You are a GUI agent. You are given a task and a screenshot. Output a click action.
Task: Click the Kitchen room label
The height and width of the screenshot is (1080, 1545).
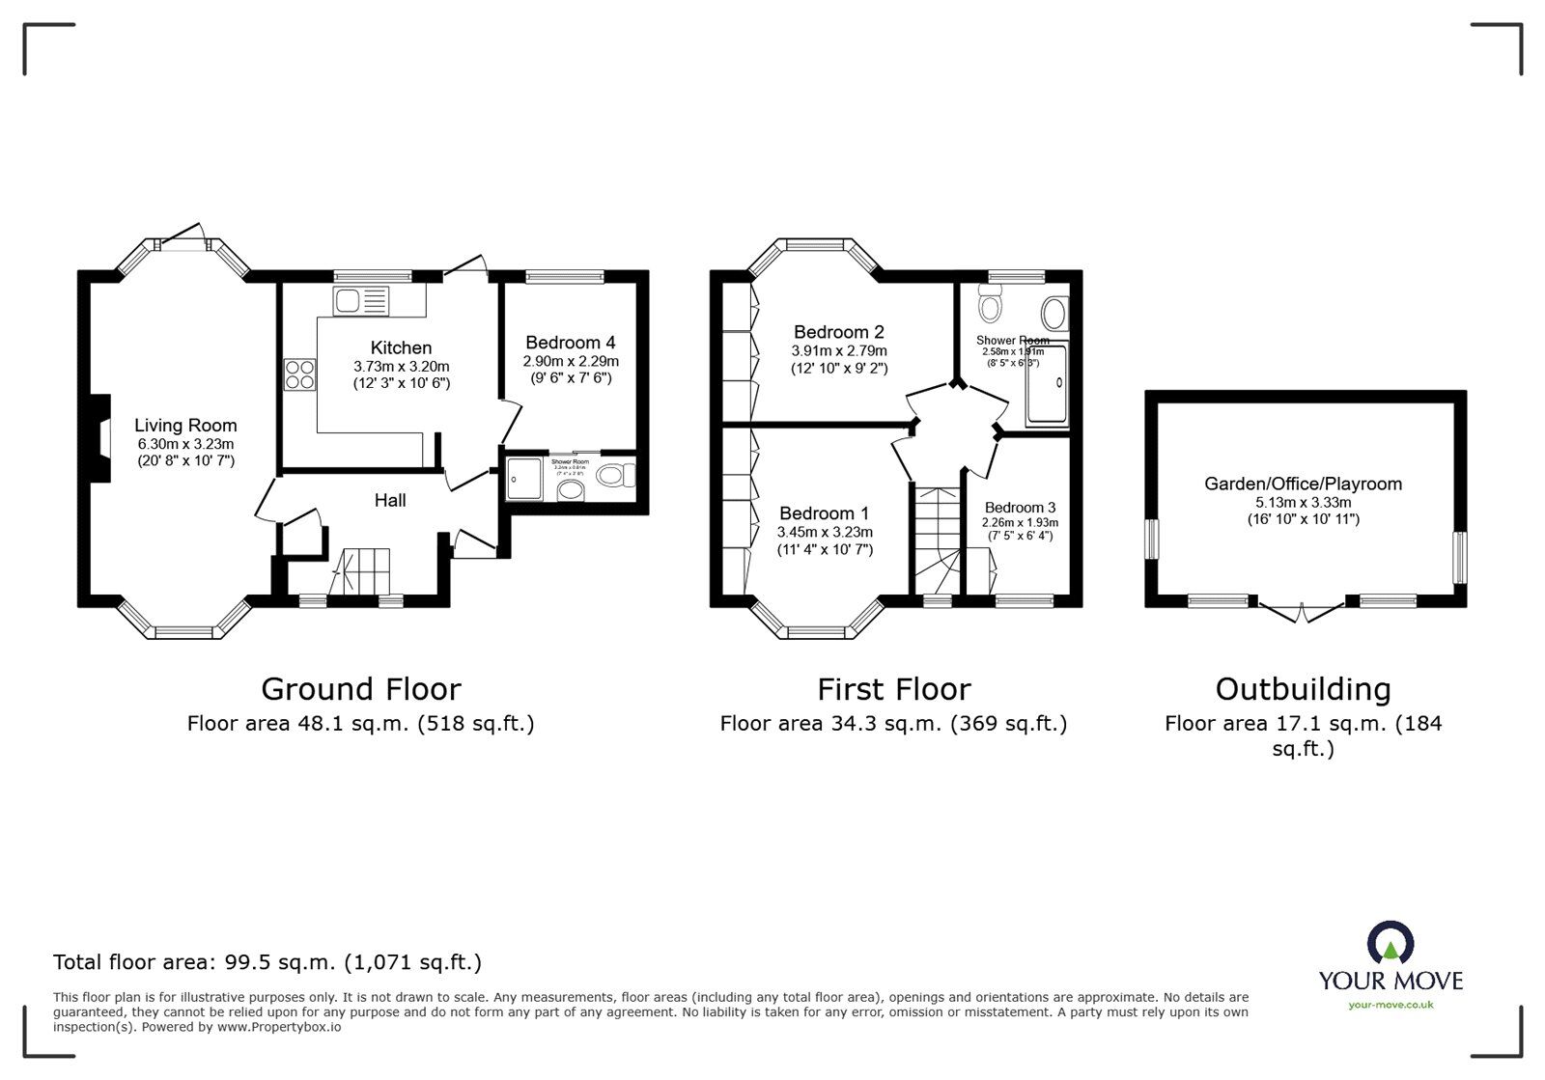pos(401,347)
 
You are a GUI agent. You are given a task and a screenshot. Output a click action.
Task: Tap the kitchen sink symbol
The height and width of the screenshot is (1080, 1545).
pos(360,301)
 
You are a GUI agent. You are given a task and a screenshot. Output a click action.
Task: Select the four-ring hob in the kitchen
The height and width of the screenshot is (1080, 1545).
pos(299,374)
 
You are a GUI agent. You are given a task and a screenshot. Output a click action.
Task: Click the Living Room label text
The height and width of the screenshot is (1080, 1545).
pos(185,426)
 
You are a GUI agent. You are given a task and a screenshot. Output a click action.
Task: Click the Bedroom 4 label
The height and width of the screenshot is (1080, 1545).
pos(571,343)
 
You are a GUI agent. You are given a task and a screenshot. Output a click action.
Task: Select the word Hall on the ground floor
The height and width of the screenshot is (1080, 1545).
pos(390,500)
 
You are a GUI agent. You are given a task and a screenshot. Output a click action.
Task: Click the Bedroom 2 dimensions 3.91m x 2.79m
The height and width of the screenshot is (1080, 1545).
pos(838,351)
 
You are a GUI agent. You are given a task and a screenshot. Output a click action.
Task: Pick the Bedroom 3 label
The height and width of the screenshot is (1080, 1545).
pos(1020,508)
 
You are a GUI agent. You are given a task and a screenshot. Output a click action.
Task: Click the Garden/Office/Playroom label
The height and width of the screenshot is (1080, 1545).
pos(1303,484)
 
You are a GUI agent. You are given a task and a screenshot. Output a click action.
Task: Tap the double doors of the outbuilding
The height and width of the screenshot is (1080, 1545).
pos(1302,610)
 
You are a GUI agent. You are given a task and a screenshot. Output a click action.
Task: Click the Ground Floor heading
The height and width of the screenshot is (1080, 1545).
pos(360,689)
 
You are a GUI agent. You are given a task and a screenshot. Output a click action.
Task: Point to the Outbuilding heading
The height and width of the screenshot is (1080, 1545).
pos(1303,689)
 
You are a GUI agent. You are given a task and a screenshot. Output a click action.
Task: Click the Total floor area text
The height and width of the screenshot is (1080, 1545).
pos(267,962)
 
